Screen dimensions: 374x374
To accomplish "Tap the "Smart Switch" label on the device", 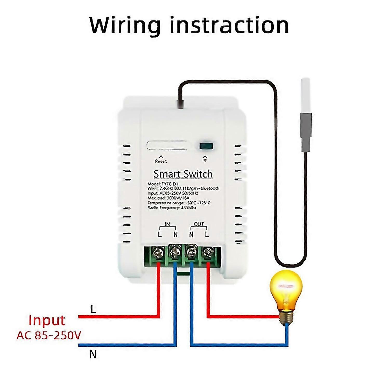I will [x=183, y=174].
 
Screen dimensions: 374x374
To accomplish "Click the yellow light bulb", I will [x=286, y=288].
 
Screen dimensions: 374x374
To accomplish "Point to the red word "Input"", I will [x=47, y=320].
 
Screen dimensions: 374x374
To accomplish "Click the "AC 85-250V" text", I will [x=49, y=335].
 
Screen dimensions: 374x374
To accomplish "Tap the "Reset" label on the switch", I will [x=161, y=161].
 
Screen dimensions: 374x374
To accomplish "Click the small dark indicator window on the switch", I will [x=206, y=146].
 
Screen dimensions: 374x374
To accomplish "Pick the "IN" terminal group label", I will [x=168, y=224].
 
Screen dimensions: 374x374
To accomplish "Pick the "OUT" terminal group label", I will [x=199, y=224].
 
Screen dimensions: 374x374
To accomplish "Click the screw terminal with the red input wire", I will [x=159, y=253].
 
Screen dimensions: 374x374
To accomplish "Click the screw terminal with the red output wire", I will [x=207, y=253].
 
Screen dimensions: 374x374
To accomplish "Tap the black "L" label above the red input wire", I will [x=93, y=309].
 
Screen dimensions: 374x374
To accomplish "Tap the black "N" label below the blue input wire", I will [x=93, y=354].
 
